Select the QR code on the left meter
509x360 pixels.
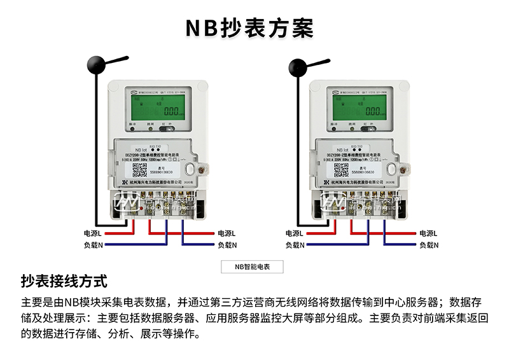click(139, 170)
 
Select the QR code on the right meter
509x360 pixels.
click(341, 170)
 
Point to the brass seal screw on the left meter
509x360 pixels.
click(200, 170)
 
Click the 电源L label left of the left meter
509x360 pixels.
click(93, 233)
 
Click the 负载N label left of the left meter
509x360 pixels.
click(93, 245)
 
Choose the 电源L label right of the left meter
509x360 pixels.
click(227, 233)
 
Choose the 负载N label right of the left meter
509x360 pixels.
click(227, 245)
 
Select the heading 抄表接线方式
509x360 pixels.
click(64, 281)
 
